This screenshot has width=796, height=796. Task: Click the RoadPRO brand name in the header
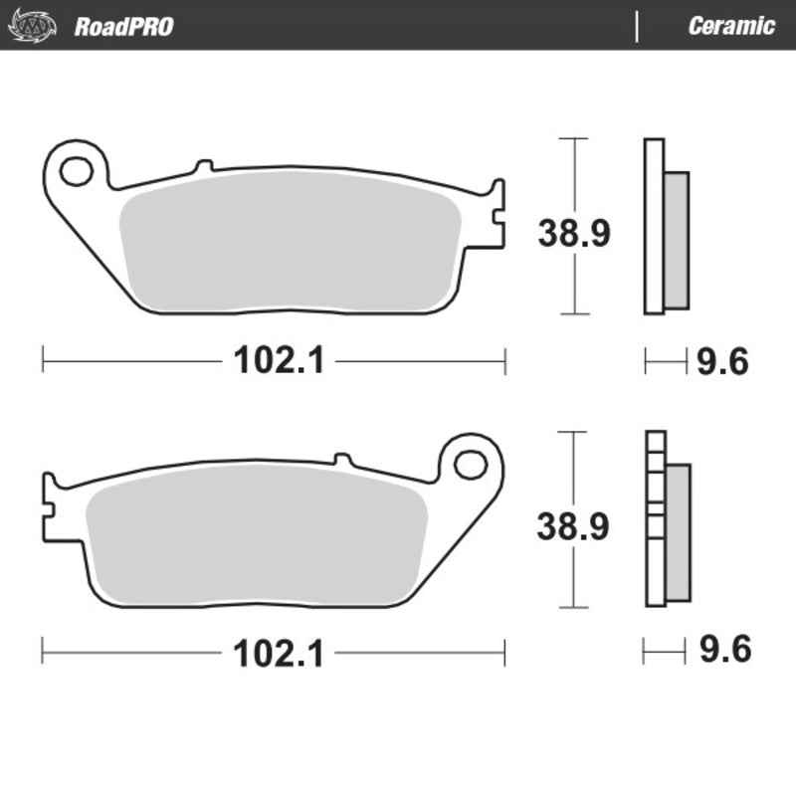(123, 26)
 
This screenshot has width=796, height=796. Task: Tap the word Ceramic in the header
(731, 26)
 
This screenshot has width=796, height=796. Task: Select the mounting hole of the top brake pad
(76, 171)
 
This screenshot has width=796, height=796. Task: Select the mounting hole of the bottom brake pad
(472, 464)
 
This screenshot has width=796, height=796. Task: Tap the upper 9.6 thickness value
(721, 362)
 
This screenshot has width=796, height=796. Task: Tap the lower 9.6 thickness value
(721, 653)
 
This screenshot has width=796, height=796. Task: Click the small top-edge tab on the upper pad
(205, 165)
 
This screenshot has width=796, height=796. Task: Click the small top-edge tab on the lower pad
(342, 459)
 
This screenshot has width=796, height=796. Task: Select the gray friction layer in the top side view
(675, 239)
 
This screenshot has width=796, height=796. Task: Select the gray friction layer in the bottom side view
(677, 532)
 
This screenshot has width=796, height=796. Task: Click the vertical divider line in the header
(637, 26)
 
